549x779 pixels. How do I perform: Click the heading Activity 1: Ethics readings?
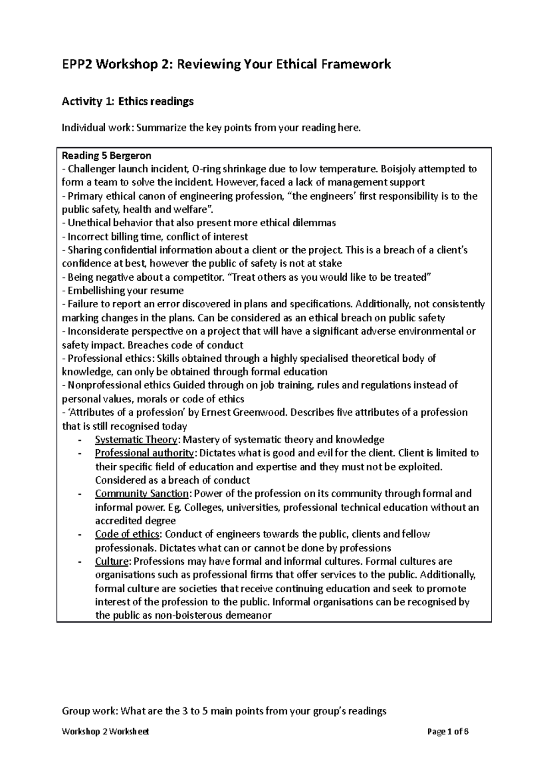pyautogui.click(x=128, y=101)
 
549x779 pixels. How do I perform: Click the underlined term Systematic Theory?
pyautogui.click(x=136, y=440)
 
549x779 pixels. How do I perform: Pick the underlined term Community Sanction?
pyautogui.click(x=142, y=494)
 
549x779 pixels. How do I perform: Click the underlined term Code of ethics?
pyautogui.click(x=127, y=534)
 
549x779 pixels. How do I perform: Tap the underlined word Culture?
pyautogui.click(x=112, y=561)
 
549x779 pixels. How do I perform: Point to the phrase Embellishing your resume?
pyautogui.click(x=125, y=291)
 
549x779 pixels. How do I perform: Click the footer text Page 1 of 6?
pyautogui.click(x=447, y=732)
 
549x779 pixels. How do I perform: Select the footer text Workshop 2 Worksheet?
pyautogui.click(x=105, y=732)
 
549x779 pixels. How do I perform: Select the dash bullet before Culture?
pyautogui.click(x=80, y=561)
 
